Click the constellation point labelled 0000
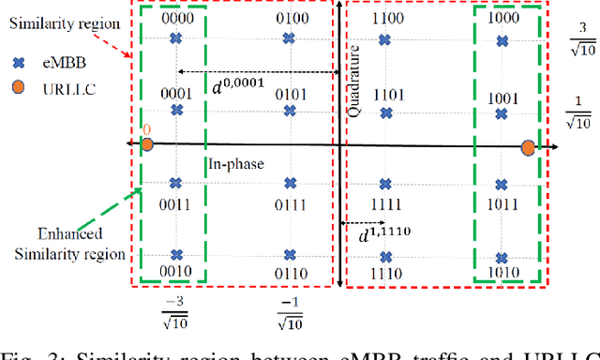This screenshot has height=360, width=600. point(175,38)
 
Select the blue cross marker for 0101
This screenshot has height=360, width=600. point(291,111)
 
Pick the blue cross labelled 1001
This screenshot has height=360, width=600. point(502,111)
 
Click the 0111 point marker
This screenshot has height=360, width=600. point(291,183)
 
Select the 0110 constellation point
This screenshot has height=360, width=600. point(291,254)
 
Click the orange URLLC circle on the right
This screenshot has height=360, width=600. point(528,147)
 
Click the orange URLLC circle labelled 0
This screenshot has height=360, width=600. point(147,144)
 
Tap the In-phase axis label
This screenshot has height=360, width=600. point(236,163)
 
